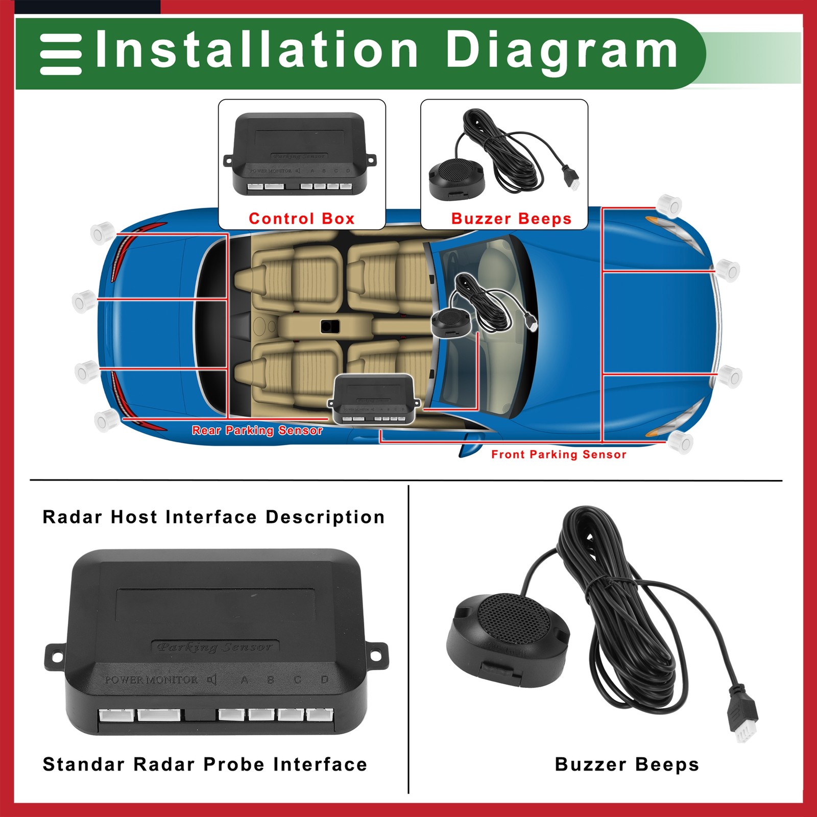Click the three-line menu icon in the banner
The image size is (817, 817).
61,55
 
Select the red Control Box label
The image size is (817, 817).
301,219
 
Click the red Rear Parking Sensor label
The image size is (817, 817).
257,430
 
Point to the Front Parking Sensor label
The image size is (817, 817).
559,454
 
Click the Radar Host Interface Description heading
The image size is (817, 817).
213,517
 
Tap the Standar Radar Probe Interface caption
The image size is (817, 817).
205,764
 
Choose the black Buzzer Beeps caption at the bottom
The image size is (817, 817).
627,764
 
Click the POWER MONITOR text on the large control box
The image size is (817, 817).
151,680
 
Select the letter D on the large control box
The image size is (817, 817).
324,680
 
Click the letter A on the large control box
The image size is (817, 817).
244,680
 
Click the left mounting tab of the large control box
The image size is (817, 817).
55,656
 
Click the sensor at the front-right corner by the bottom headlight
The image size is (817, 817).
681,442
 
